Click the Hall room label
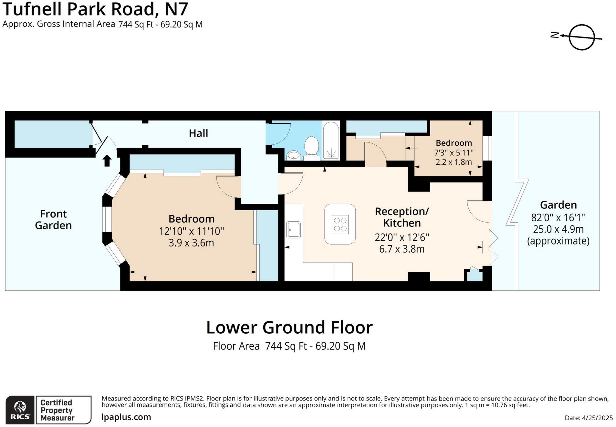click(198, 133)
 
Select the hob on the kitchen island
click(340, 224)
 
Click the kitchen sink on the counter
click(293, 230)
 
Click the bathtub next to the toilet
click(331, 141)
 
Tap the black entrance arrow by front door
click(107, 161)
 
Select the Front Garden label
click(53, 219)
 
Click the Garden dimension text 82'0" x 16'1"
click(558, 217)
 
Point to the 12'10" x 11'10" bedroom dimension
click(191, 231)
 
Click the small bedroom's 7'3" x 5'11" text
click(454, 152)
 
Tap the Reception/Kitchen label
click(402, 217)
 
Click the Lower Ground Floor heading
click(289, 327)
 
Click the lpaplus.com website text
click(126, 417)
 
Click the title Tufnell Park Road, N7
click(95, 9)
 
